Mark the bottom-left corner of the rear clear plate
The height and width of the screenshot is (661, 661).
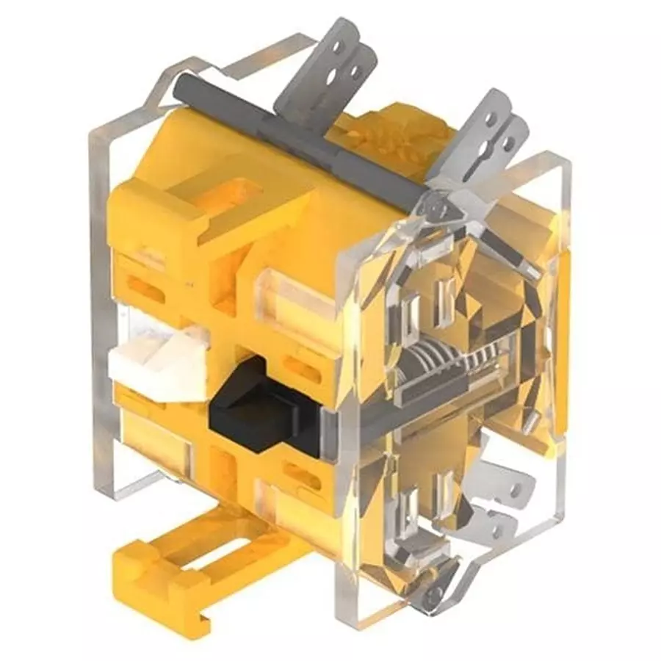pos(110,488)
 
